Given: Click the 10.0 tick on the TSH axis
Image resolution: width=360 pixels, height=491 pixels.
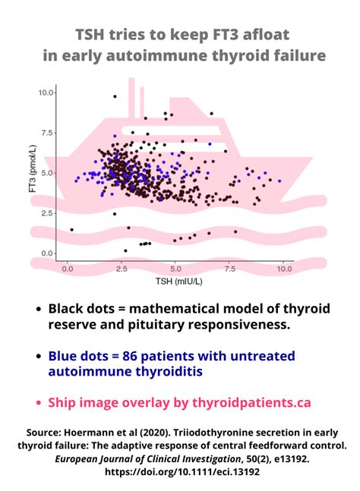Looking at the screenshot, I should [283, 269].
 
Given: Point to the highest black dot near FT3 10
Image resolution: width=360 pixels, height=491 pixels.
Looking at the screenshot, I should [115, 96].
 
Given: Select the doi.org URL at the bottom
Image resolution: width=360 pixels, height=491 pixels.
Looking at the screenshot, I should [179, 472].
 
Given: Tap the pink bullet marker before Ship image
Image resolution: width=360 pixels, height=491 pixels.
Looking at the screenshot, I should [38, 403].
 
